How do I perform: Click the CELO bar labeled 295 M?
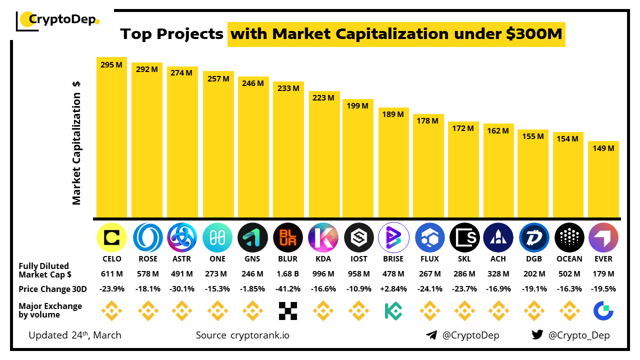pos(111,137)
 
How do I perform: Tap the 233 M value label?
pos(288,88)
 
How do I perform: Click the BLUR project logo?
pos(288,237)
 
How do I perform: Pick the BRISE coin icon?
pos(393,237)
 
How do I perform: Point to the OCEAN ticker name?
pos(569,259)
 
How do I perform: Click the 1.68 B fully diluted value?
pos(287,274)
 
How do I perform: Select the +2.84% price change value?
pos(393,289)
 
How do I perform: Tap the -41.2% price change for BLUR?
pos(287,289)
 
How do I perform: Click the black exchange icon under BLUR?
pos(288,310)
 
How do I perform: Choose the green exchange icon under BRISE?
pos(393,310)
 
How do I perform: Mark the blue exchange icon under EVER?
pos(603,310)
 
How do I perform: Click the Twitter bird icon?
pos(537,335)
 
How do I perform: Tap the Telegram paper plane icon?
pos(431,335)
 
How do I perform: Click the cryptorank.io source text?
pos(259,335)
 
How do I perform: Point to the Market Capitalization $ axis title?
pos(76,142)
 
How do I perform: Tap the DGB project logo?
pos(534,237)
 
